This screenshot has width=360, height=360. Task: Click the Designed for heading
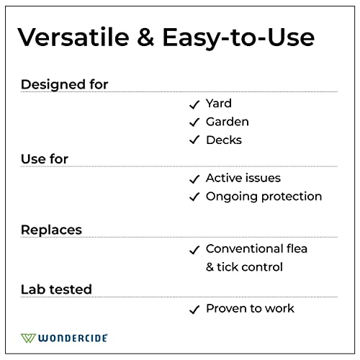point(64,84)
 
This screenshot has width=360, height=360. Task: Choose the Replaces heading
point(51,230)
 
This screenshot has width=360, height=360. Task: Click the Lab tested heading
point(56,289)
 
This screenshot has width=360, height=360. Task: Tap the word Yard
point(219,104)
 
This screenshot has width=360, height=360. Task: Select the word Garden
point(228,122)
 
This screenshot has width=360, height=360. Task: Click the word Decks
point(224,140)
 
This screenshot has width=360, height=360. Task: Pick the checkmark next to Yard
point(194,104)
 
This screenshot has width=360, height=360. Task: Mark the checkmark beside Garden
point(194,122)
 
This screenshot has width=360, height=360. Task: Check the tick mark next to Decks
point(194,140)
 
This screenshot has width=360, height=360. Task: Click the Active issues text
point(243,178)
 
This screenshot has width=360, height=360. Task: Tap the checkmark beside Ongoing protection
point(194,197)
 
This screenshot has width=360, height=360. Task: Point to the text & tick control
point(244,267)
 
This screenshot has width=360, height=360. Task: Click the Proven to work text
point(250,308)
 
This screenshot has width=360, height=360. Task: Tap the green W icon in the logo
point(29,337)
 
